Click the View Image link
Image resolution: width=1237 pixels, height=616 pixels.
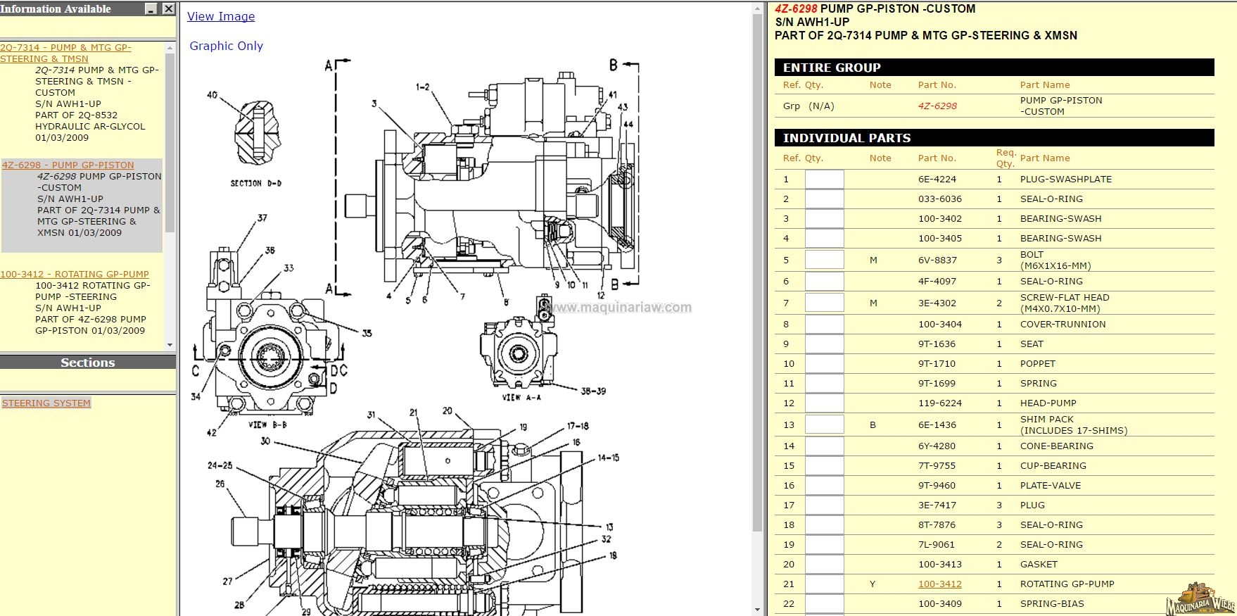[221, 16]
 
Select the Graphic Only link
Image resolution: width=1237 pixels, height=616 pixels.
[226, 46]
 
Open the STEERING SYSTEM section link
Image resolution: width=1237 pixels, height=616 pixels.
[46, 403]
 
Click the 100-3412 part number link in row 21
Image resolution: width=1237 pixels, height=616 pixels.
[939, 584]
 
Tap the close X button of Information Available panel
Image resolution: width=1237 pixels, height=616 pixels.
[168, 8]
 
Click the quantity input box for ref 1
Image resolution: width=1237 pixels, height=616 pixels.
[824, 179]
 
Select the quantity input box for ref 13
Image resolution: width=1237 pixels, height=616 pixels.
[824, 425]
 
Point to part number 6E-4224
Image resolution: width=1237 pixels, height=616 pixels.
[937, 179]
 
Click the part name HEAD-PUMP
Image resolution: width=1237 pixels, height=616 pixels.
[1048, 403]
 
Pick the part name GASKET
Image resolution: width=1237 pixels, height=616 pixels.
[1039, 564]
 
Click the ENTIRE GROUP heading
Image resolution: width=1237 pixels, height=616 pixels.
[832, 68]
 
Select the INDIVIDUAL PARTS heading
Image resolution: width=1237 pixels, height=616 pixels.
[846, 138]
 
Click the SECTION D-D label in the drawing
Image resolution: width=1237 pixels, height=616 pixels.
[256, 184]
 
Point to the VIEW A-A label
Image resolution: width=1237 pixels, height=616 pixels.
[521, 398]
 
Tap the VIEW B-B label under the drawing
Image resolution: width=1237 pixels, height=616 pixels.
[267, 425]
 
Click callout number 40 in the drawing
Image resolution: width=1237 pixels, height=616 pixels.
[212, 95]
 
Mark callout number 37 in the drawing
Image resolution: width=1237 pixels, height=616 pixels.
[262, 218]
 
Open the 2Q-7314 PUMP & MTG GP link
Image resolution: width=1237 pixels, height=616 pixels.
[65, 53]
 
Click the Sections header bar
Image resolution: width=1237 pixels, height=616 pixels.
[87, 363]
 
